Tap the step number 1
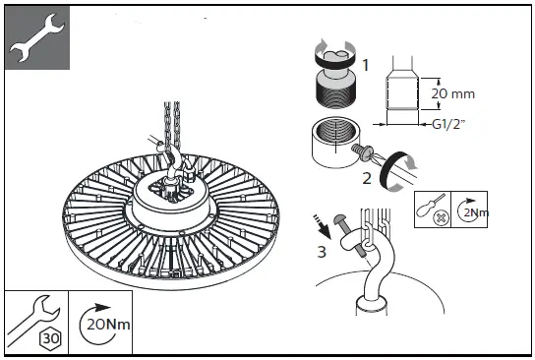[x=367, y=66]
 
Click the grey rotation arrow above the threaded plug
[x=334, y=48]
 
